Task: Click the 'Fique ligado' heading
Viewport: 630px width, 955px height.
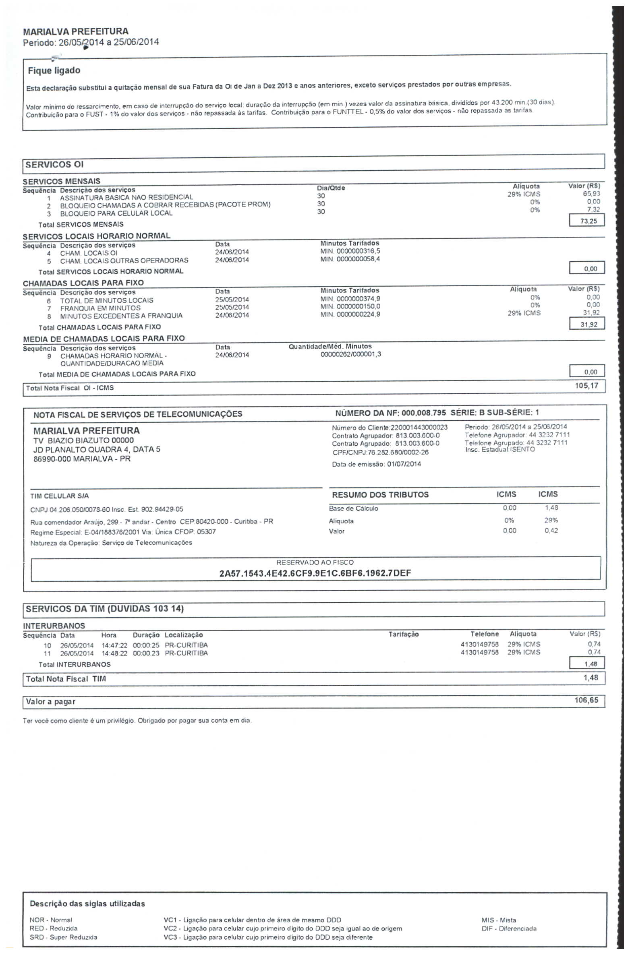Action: (54, 70)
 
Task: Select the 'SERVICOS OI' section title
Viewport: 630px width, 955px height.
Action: (54, 164)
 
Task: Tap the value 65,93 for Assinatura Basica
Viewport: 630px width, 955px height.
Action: (591, 194)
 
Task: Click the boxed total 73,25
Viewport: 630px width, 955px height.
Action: (588, 221)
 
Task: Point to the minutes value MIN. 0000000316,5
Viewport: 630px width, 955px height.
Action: (350, 251)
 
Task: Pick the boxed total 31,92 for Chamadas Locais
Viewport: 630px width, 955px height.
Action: (588, 325)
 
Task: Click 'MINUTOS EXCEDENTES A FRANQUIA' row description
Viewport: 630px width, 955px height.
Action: (121, 316)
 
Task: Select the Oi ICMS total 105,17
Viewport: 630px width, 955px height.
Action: (586, 386)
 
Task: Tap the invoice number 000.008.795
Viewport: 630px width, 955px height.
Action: (424, 413)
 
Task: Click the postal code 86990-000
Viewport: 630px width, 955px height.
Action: (52, 459)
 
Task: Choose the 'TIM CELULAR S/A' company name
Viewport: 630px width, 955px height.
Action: (60, 496)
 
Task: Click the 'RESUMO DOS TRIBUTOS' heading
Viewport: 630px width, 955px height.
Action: (380, 495)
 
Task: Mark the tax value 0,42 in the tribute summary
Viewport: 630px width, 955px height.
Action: (551, 531)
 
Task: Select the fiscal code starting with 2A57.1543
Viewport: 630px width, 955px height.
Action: (315, 573)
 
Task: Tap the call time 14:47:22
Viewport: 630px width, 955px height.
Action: (114, 645)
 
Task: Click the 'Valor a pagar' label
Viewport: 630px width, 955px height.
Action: (51, 701)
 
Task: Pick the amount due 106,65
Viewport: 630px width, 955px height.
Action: (586, 700)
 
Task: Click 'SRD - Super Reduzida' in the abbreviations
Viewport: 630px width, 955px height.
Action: (63, 937)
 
